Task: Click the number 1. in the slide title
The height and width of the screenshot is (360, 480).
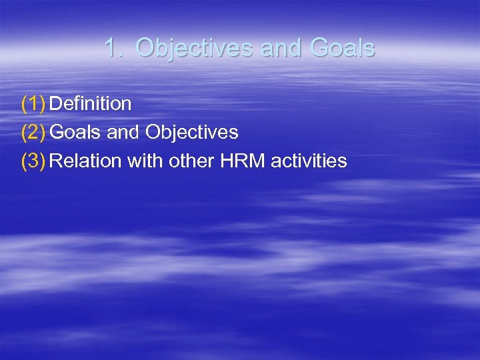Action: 115,48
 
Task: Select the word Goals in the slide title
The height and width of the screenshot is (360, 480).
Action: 343,48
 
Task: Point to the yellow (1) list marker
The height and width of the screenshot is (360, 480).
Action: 33,103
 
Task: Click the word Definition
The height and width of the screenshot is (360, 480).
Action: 90,103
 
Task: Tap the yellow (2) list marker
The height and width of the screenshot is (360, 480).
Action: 33,132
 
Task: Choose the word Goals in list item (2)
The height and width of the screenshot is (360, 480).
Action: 75,132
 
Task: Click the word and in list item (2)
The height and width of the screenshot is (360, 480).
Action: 123,132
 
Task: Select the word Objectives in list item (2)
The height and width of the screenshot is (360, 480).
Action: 191,132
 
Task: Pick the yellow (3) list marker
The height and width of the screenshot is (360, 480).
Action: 33,161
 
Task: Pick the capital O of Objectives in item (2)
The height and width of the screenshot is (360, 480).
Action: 153,132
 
